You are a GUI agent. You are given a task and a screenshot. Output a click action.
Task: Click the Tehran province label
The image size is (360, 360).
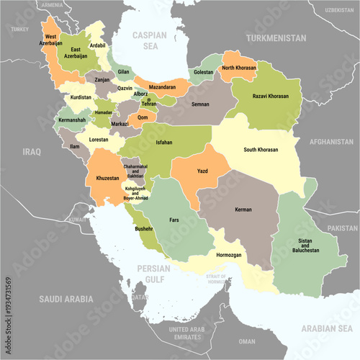click(x=148, y=104)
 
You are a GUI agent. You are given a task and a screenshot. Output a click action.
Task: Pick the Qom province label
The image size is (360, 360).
click(x=143, y=117)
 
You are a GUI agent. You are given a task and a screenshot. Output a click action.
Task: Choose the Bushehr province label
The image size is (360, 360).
click(x=144, y=228)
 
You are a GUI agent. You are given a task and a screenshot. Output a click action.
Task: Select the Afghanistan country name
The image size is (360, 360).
click(x=331, y=142)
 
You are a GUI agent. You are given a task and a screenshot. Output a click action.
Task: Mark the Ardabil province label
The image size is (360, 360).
click(x=98, y=45)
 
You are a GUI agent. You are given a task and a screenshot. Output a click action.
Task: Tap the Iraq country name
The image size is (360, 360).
click(x=32, y=152)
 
